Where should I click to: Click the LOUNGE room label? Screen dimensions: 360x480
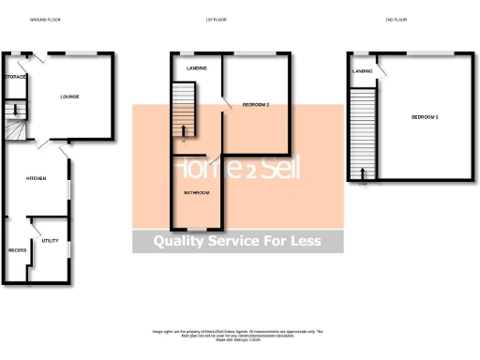pyautogui.click(x=69, y=97)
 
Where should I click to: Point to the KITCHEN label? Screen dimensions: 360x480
pyautogui.click(x=37, y=178)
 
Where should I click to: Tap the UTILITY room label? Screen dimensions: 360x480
pyautogui.click(x=50, y=241)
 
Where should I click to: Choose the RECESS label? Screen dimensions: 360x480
pyautogui.click(x=17, y=251)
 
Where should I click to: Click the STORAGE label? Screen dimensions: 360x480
pyautogui.click(x=15, y=77)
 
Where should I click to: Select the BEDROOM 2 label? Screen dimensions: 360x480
pyautogui.click(x=255, y=104)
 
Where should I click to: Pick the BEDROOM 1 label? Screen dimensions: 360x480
pyautogui.click(x=425, y=116)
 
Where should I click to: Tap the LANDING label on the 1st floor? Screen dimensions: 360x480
pyautogui.click(x=198, y=68)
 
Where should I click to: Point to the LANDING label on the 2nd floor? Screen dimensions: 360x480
pyautogui.click(x=362, y=71)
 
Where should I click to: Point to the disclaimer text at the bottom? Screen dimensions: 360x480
pyautogui.click(x=238, y=335)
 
